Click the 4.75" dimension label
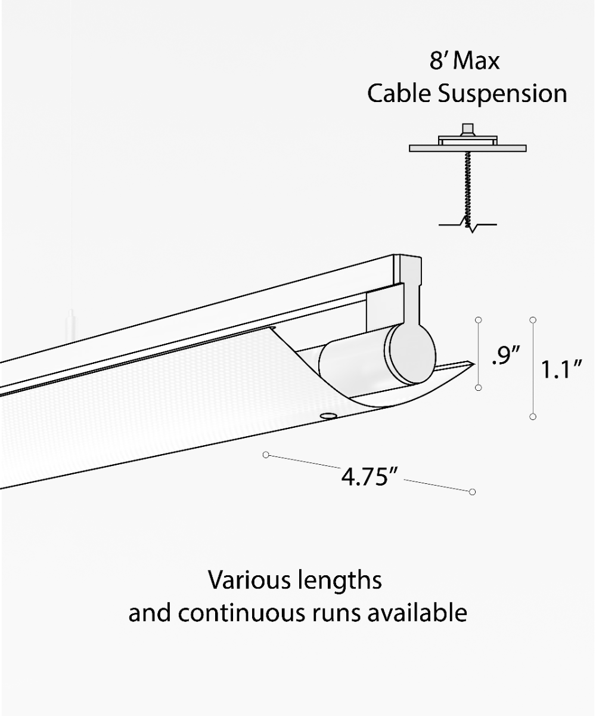tap(369, 477)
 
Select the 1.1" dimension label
tap(560, 370)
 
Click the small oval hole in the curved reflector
tap(327, 414)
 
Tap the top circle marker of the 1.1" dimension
tap(533, 320)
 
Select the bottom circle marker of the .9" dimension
tap(479, 388)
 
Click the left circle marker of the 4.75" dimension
tap(266, 455)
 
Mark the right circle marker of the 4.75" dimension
tap(472, 492)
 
